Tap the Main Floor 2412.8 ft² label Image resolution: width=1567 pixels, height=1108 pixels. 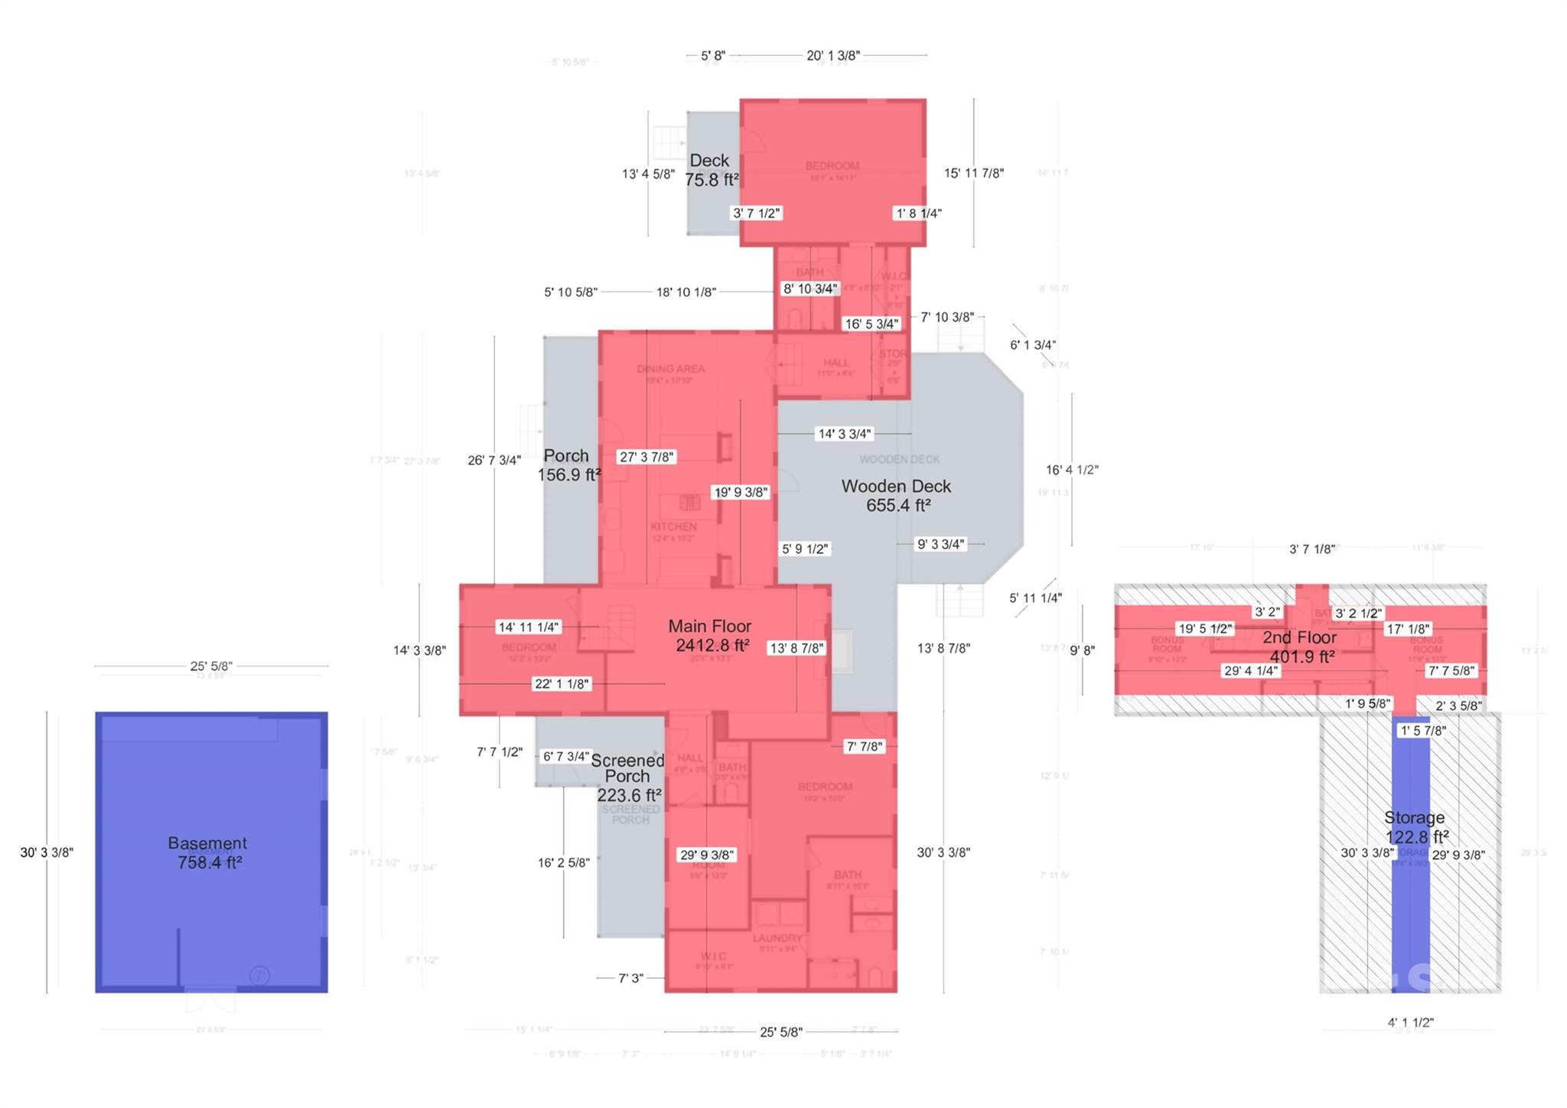click(x=711, y=636)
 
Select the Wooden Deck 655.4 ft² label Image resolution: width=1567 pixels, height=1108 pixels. click(x=897, y=496)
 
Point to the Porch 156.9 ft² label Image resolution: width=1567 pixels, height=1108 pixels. click(x=568, y=465)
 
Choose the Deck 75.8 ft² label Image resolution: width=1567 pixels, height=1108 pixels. click(x=711, y=170)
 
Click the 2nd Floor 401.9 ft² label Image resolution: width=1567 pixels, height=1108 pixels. click(x=1300, y=647)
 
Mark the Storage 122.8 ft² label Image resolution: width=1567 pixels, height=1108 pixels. click(x=1415, y=827)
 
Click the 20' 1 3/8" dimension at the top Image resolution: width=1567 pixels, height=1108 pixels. click(x=833, y=55)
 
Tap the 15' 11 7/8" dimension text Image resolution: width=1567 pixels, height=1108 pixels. click(x=973, y=174)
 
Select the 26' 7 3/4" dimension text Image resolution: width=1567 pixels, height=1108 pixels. click(x=494, y=460)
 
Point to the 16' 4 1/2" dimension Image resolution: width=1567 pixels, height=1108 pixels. click(x=1072, y=470)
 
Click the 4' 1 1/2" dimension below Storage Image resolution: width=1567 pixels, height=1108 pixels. click(x=1410, y=1022)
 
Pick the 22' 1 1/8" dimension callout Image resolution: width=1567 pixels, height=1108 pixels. click(x=562, y=684)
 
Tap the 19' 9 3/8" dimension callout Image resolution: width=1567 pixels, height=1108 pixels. click(x=740, y=492)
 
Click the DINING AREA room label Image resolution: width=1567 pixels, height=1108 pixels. click(x=670, y=370)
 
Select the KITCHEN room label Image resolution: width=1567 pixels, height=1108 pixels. click(x=673, y=526)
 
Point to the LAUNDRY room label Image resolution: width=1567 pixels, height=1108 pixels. click(x=777, y=938)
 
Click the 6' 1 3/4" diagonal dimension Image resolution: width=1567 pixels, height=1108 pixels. click(x=1033, y=345)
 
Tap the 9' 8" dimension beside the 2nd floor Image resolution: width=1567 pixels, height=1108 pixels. click(x=1082, y=650)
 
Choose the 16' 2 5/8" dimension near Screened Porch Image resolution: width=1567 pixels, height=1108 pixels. click(x=563, y=863)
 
